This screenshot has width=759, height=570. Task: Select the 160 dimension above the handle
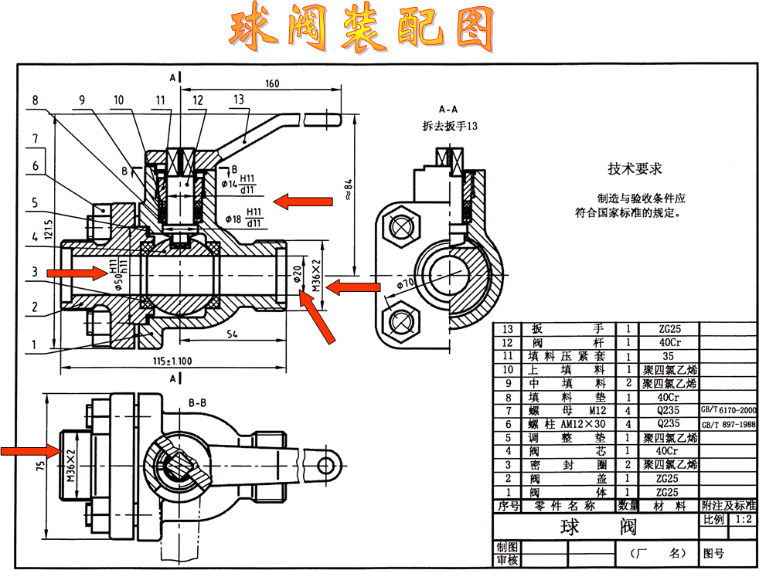pos(271,83)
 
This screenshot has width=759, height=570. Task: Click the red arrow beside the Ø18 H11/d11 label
pos(304,202)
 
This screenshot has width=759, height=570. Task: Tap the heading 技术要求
pos(635,168)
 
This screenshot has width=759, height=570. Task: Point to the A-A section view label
pos(451,109)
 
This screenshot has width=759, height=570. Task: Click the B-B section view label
pos(197,402)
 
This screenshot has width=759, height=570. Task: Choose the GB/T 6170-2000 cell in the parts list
pos(728,411)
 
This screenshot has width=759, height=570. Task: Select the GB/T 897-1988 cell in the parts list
pos(728,424)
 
